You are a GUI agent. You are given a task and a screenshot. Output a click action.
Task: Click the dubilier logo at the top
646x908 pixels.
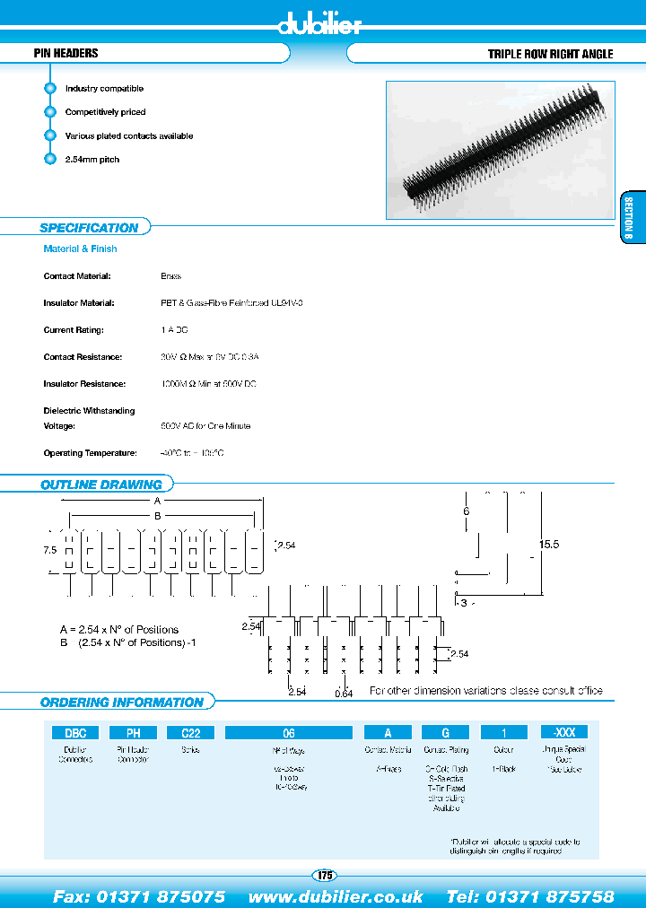(319, 24)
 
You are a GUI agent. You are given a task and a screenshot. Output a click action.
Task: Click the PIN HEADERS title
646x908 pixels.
(65, 54)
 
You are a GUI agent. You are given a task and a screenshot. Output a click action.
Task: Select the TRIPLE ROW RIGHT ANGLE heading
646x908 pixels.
(550, 54)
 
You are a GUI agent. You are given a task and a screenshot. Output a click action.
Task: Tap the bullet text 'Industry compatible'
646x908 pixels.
(104, 89)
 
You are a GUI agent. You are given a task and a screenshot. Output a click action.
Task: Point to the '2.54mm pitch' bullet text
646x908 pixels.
(92, 160)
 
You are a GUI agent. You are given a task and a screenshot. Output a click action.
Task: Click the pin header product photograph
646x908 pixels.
(501, 150)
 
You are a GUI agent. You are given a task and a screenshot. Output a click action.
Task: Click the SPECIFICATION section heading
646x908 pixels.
(89, 228)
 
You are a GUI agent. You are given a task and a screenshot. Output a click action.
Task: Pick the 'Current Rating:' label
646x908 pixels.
(74, 330)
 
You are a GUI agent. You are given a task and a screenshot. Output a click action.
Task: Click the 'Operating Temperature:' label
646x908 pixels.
(90, 453)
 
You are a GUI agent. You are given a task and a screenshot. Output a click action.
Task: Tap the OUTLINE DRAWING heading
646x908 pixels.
(100, 485)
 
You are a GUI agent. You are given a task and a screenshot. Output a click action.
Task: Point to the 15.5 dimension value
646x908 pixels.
(549, 545)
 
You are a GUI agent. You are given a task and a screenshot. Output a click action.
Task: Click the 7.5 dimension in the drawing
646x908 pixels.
(49, 550)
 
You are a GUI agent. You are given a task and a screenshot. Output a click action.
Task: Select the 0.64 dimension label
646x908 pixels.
(343, 692)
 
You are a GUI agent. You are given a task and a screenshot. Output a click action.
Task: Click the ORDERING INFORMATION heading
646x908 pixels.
(121, 703)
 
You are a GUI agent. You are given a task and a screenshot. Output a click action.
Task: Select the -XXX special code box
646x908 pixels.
(564, 732)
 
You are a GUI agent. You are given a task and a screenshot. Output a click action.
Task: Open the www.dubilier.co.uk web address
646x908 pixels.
(336, 896)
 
